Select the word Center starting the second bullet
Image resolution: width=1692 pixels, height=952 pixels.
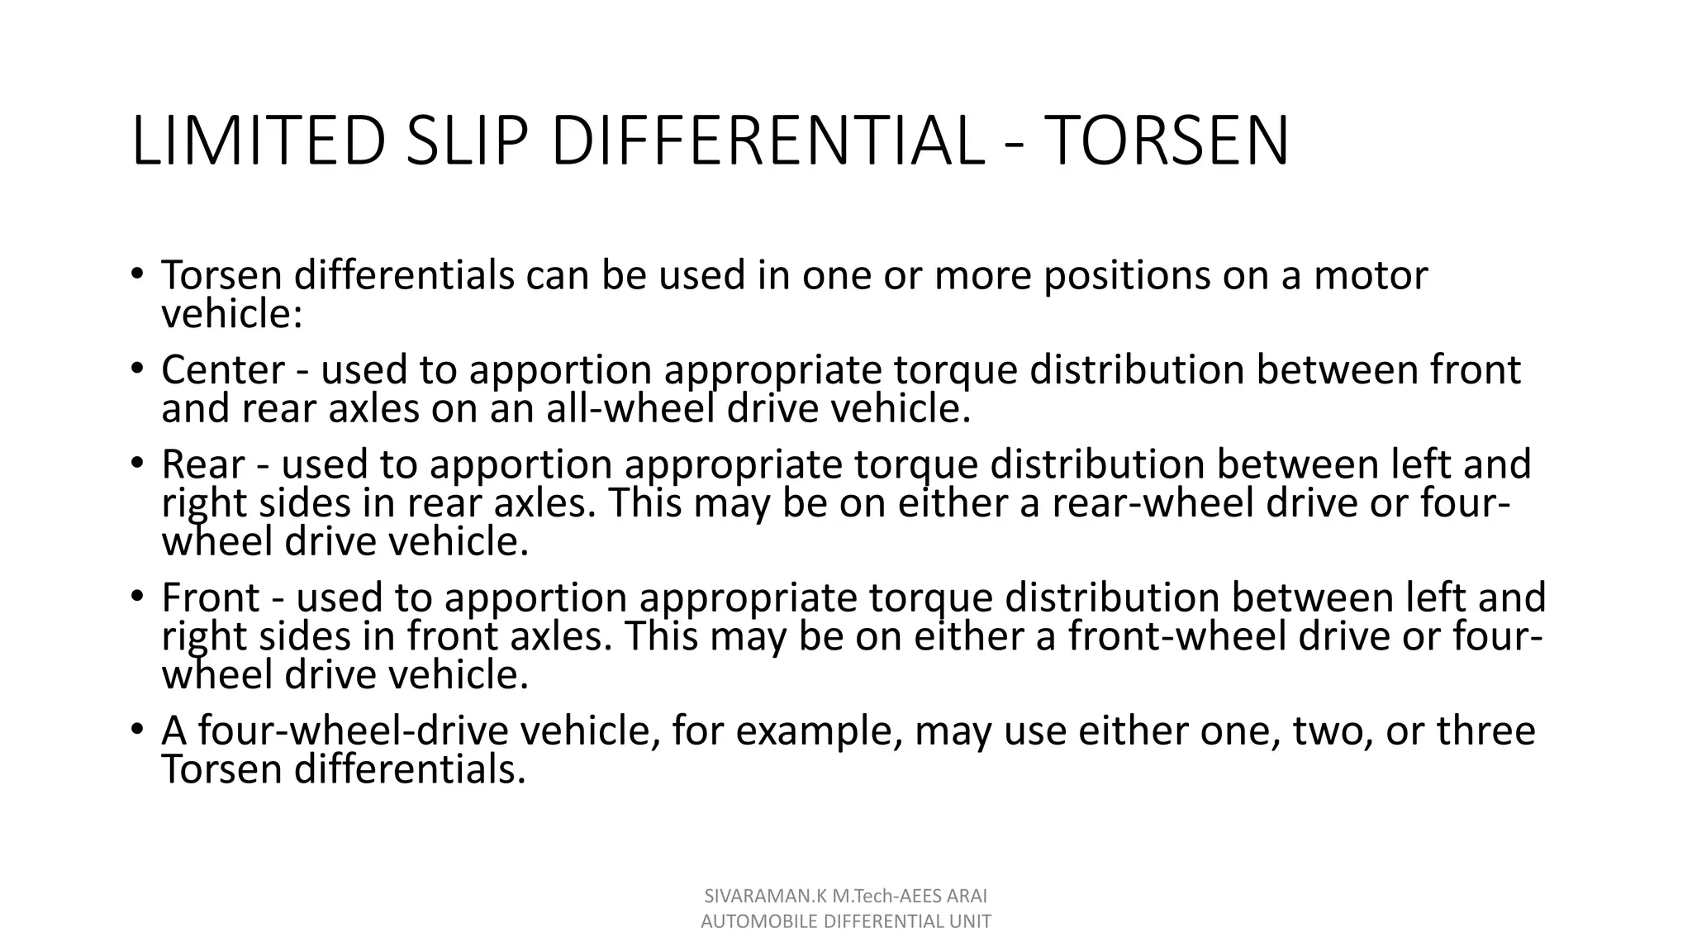coord(223,370)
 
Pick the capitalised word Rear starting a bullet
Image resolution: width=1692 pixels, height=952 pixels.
coord(203,464)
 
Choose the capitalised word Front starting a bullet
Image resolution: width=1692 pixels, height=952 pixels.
coord(211,597)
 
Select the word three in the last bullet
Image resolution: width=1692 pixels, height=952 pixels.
coord(1485,731)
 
